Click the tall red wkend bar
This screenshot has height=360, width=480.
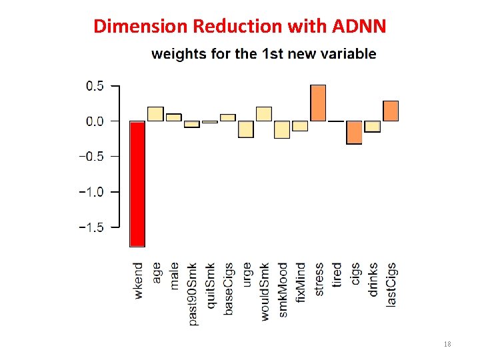point(137,183)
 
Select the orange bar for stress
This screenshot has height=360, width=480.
point(318,103)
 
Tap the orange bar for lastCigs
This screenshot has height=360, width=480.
point(391,111)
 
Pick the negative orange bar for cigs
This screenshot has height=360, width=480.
point(354,132)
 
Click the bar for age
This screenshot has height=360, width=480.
point(155,114)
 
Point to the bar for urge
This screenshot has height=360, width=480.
point(246,129)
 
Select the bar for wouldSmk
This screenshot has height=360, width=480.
point(264,114)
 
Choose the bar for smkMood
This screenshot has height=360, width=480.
point(282,129)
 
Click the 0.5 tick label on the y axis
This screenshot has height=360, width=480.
point(95,86)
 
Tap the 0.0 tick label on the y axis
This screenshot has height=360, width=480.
point(95,121)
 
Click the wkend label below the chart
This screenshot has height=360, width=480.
point(138,280)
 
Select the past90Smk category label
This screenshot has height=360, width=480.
point(193,294)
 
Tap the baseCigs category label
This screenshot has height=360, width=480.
point(229,290)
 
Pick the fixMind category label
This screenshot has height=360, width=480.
point(301,282)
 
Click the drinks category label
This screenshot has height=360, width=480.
point(373,279)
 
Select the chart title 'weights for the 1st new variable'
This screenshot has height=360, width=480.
point(263,54)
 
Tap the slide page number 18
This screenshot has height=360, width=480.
point(447,344)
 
